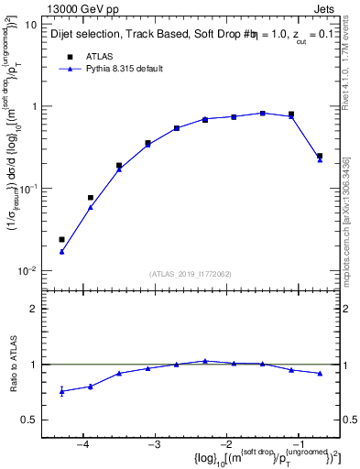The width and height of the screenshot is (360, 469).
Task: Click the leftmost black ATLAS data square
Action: [x=61, y=240]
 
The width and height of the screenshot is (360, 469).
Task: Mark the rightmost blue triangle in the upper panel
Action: [x=320, y=159]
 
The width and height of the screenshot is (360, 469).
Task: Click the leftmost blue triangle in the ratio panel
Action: [x=61, y=391]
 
